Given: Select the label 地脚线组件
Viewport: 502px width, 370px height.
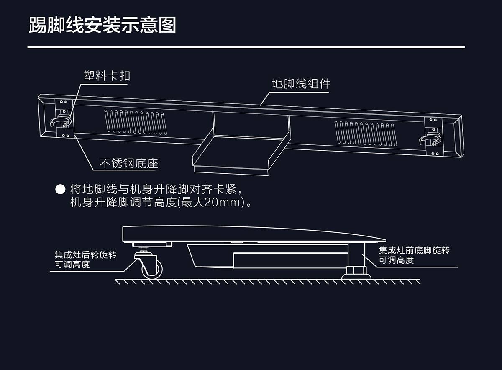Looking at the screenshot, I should [301, 84].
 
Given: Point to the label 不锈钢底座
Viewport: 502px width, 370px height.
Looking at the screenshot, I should [128, 163].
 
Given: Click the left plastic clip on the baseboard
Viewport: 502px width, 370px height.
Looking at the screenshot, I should [60, 122].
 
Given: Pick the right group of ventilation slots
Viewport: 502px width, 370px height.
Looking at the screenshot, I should [366, 132].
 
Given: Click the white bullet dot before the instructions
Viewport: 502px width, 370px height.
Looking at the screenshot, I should [61, 189].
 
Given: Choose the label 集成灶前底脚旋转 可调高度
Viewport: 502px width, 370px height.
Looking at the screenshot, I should [414, 255].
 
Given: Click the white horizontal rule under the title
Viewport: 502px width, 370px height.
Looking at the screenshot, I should [246, 47].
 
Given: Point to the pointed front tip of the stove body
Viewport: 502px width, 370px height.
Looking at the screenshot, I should [383, 240].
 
